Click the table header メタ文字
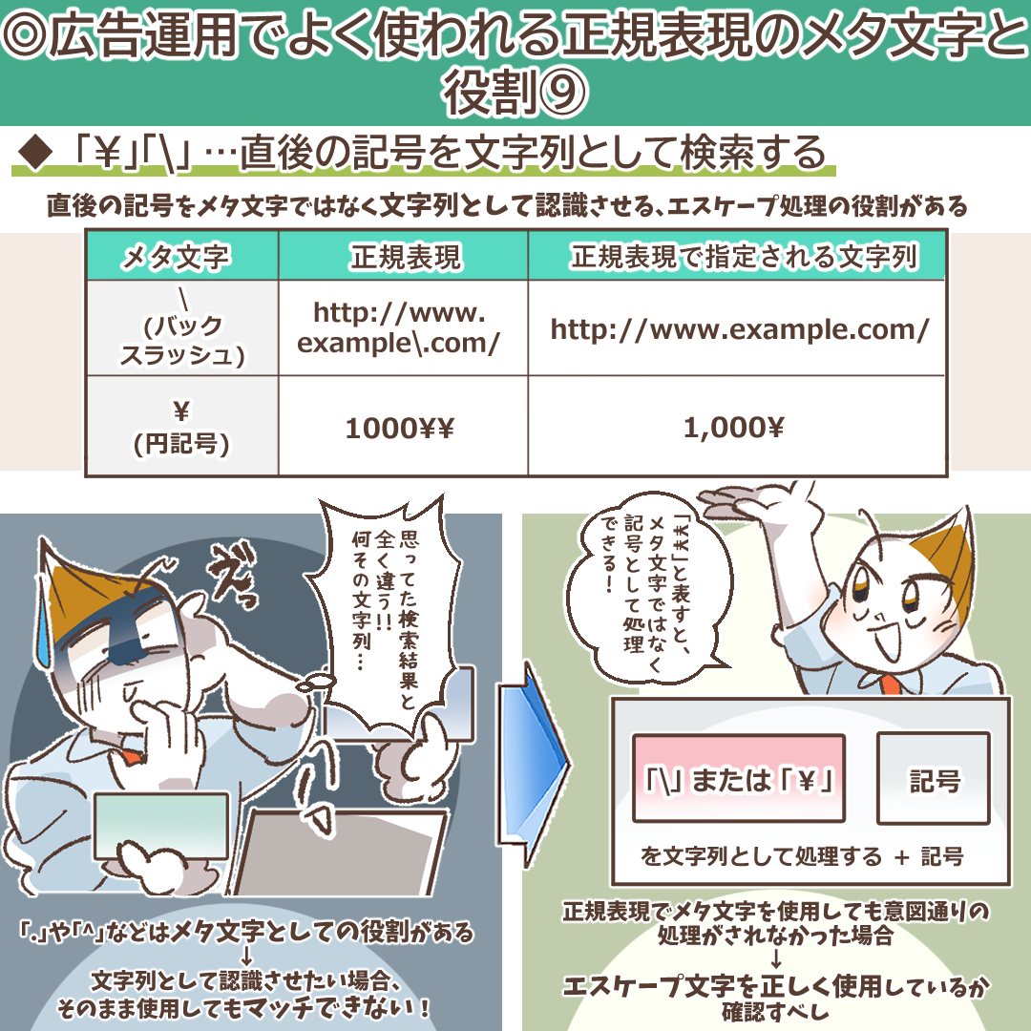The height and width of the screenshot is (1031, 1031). (x=181, y=256)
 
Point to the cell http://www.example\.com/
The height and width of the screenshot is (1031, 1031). (x=399, y=327)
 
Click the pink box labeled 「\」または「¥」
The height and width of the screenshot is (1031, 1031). (x=738, y=778)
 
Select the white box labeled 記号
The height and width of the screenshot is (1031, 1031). (x=933, y=778)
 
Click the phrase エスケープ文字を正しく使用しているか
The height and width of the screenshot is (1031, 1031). (x=774, y=986)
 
